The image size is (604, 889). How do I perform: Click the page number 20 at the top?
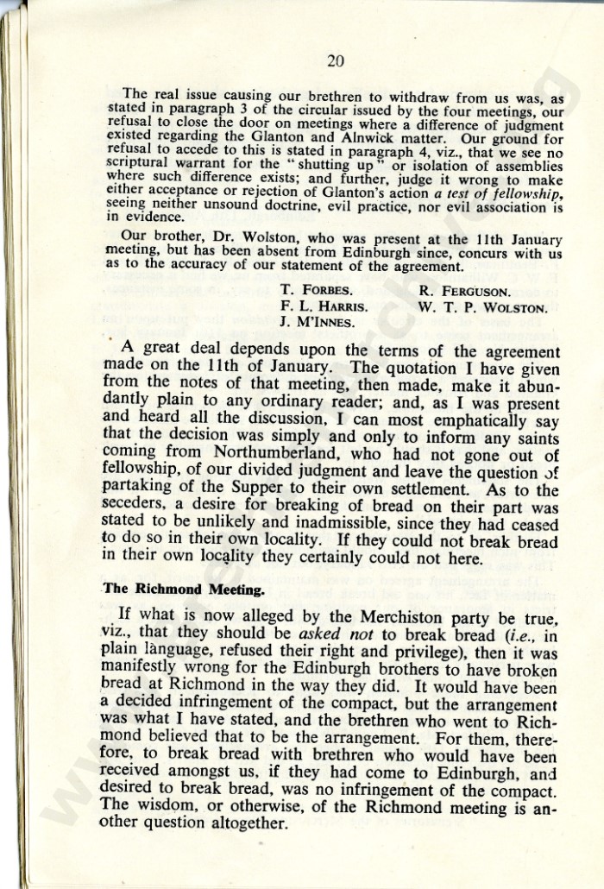[336, 60]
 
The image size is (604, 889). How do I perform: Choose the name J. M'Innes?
[315, 324]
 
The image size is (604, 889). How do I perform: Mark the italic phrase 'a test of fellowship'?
[498, 193]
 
